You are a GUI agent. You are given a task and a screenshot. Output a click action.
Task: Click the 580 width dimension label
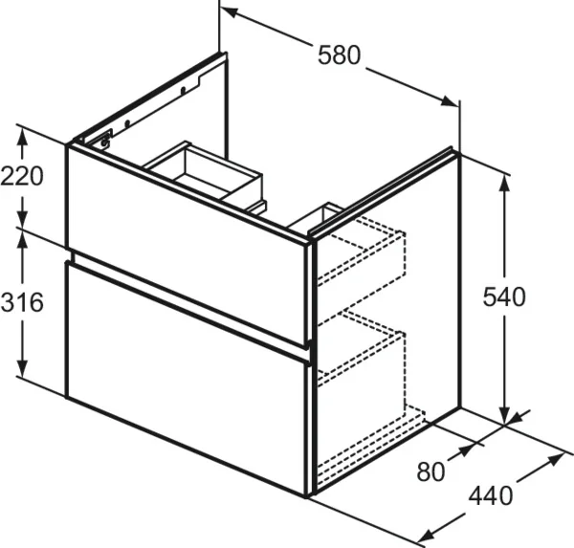(339, 55)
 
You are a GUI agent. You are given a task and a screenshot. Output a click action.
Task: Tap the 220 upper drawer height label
(22, 176)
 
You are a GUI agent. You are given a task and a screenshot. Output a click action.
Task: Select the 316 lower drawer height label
(22, 303)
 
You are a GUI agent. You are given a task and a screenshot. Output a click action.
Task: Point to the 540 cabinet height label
(504, 297)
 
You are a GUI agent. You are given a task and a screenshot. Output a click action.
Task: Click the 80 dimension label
(430, 471)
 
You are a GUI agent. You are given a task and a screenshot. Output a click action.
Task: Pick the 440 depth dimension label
(491, 496)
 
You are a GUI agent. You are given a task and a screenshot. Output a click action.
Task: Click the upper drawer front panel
(187, 245)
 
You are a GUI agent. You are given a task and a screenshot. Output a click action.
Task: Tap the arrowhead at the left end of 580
(230, 12)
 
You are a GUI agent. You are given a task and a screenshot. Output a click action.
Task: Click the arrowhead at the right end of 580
(450, 101)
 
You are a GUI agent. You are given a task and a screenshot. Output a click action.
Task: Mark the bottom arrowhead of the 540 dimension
(505, 416)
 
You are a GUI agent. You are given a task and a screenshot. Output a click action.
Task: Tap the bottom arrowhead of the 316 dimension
(23, 367)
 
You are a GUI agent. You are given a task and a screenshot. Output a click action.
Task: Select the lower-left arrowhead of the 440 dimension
(426, 537)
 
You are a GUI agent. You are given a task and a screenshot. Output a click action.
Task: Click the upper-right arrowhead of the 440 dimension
(555, 459)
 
